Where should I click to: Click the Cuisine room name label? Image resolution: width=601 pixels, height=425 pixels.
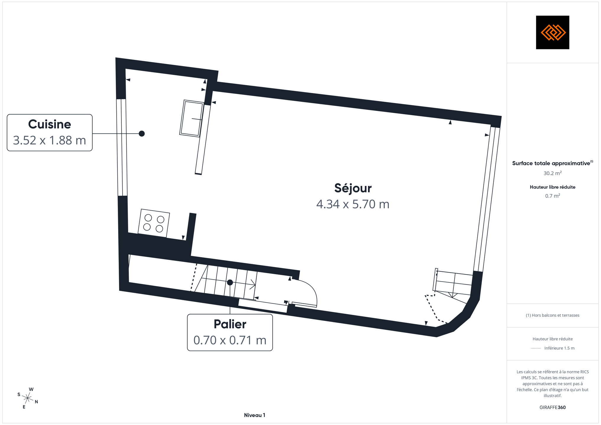coord(50,124)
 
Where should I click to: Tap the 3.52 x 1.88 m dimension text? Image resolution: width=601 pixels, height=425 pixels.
coord(50,140)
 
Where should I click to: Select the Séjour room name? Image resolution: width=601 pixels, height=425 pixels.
coord(353,188)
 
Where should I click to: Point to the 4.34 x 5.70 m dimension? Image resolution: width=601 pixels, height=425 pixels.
coord(353,204)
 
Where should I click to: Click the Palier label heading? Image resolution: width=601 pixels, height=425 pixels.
coord(230,324)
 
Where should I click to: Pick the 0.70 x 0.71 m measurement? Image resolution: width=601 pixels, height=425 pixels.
coord(230,340)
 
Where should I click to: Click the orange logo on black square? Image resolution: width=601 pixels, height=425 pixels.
coord(553,32)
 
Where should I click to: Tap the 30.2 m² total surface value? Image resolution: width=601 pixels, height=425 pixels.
coord(553,173)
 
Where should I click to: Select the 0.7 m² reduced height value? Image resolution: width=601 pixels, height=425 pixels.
coord(553,196)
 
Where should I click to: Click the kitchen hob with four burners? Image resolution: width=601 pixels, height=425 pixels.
coord(154,223)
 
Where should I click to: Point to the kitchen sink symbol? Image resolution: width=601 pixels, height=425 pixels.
coord(192,118)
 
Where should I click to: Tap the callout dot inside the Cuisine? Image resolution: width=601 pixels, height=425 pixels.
coord(142,134)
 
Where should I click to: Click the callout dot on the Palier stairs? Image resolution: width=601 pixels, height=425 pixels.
coord(230,282)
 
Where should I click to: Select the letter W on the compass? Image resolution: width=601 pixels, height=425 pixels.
coord(31,389)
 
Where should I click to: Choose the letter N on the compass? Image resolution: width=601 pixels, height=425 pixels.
coord(36,402)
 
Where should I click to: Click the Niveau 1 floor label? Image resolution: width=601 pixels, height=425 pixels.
coord(255,415)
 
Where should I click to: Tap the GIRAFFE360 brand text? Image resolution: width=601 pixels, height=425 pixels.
coord(553,407)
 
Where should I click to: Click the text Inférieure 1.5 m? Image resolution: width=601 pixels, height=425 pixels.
coord(559,348)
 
